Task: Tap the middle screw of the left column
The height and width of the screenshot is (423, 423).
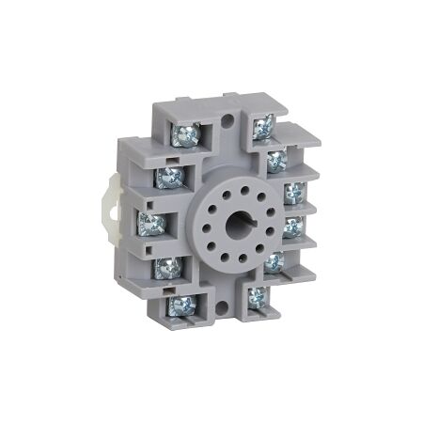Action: click(x=149, y=223)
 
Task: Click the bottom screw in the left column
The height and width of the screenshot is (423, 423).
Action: click(x=180, y=304)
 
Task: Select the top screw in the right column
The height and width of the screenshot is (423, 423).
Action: click(x=262, y=121)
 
